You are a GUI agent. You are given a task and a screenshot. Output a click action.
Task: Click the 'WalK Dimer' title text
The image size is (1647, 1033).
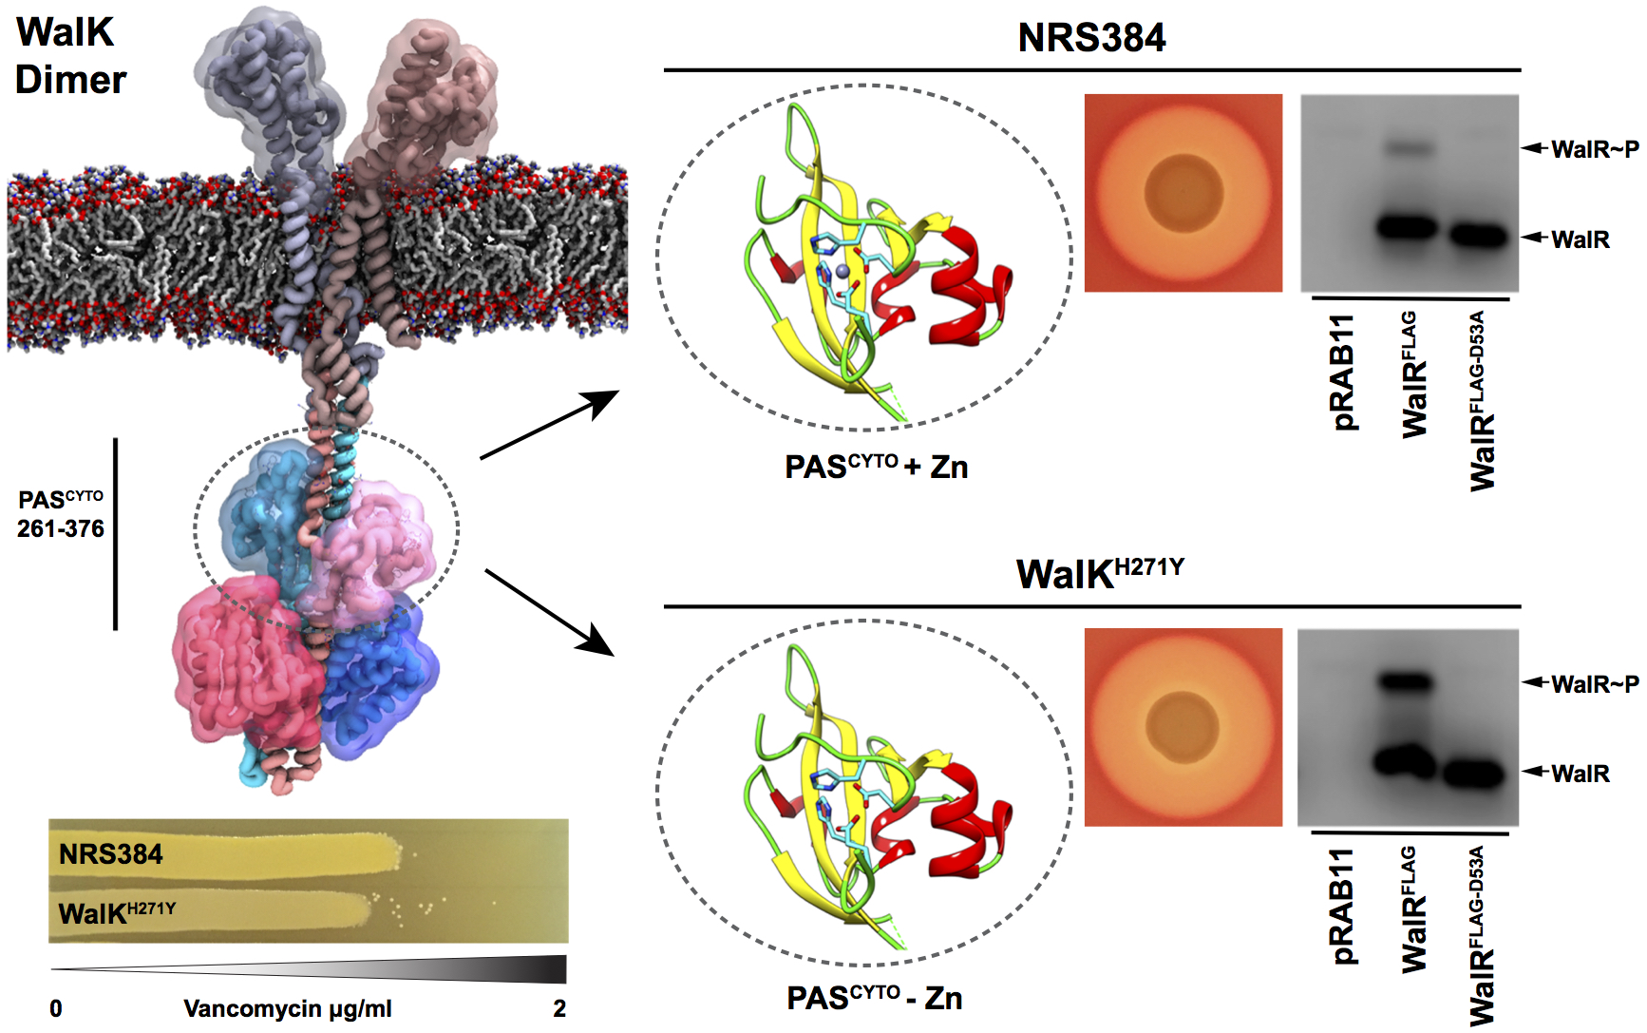click(71, 56)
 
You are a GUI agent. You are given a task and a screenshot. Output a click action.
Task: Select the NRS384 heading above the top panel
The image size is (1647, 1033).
click(1091, 38)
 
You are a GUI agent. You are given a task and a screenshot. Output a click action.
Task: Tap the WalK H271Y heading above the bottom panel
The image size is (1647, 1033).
click(1100, 573)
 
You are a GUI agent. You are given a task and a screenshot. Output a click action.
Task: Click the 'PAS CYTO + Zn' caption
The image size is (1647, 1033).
click(876, 467)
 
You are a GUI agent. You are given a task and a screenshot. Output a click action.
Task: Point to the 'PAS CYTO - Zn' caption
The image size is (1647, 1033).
click(875, 998)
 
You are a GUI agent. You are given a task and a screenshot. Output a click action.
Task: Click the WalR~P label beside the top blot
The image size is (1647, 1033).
click(1595, 149)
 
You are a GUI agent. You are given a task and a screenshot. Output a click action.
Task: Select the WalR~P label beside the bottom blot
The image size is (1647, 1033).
click(1595, 684)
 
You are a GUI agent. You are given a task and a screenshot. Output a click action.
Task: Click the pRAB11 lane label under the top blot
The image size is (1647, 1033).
click(1343, 373)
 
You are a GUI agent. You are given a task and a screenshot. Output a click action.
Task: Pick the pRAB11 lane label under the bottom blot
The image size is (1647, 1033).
click(1343, 907)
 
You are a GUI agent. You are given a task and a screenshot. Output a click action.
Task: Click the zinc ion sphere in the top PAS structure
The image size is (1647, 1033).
click(842, 272)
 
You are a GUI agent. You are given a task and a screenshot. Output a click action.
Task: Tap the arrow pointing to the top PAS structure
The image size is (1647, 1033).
click(550, 425)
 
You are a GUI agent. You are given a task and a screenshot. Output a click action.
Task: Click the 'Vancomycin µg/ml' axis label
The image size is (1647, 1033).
click(287, 1009)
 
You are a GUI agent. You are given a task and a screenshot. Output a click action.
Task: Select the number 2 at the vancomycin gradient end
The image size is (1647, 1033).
click(559, 1008)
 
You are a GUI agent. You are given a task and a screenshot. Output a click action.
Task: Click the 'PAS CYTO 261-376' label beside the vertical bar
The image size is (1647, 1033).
click(61, 514)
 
